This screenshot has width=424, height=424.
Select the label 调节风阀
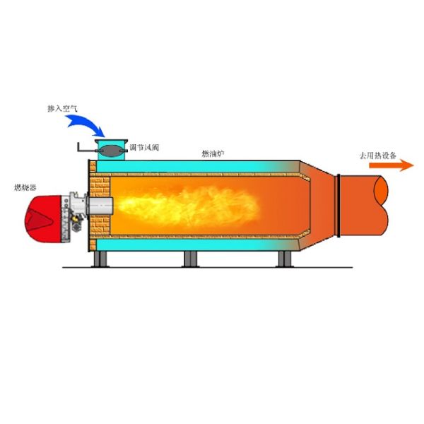pos(145,148)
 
